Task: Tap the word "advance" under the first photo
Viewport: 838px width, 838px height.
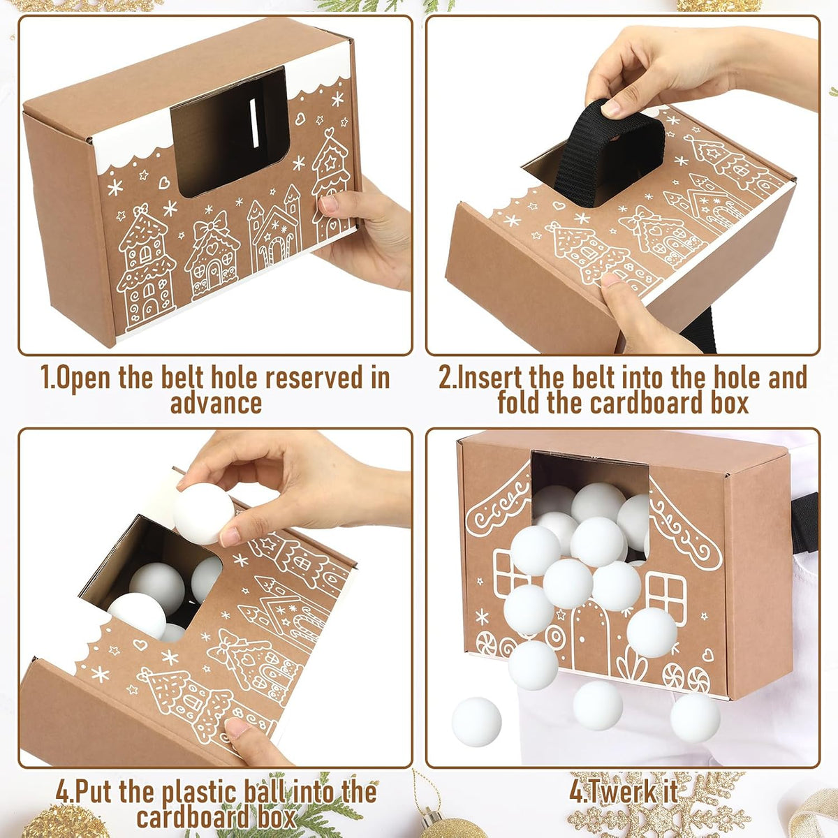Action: [216, 403]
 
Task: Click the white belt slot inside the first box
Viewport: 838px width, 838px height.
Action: [254, 123]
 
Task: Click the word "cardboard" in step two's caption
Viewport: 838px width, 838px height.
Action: [642, 404]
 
